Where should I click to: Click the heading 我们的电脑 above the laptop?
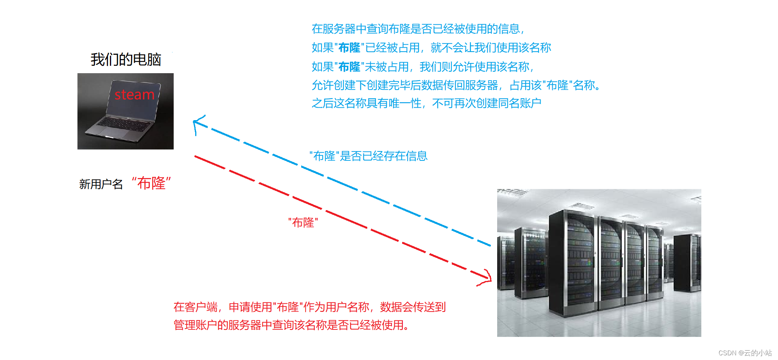[x=126, y=60]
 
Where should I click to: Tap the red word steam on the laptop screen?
[x=134, y=95]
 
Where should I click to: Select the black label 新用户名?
[x=101, y=184]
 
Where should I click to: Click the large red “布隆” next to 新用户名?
[x=151, y=183]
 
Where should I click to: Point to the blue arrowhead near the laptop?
[x=196, y=123]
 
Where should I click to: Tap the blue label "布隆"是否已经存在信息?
[x=368, y=156]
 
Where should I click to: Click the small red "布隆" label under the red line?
[x=303, y=223]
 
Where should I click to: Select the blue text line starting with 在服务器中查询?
[x=418, y=29]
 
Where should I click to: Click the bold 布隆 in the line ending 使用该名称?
[x=349, y=48]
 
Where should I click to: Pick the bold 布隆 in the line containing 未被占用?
[x=349, y=67]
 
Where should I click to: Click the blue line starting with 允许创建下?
[x=456, y=85]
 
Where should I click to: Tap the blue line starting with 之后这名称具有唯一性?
[x=426, y=103]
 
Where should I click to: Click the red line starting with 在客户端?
[x=309, y=307]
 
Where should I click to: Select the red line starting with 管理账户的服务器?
[x=291, y=325]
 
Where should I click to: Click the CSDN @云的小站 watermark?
[x=745, y=353]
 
